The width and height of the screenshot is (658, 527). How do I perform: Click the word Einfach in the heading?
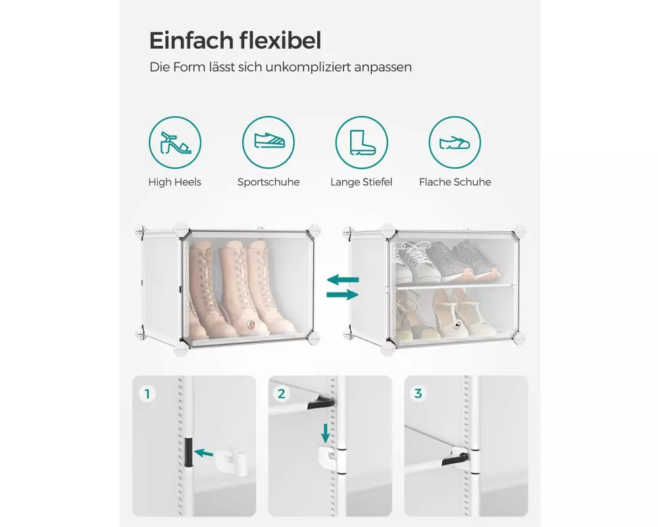191,40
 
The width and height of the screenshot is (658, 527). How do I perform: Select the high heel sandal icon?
175,142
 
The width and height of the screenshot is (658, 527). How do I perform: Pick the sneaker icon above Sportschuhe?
268,142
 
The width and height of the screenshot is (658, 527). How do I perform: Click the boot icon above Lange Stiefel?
362,142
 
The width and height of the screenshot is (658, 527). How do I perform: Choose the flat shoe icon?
455,142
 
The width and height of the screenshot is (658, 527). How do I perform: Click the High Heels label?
174,182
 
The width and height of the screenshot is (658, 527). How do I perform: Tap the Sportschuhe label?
268,182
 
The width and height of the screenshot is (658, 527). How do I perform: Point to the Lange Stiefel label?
361,182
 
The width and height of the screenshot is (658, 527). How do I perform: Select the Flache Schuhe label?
455,182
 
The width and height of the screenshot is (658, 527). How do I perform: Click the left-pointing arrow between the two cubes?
343,279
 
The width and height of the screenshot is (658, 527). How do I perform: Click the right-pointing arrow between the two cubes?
343,294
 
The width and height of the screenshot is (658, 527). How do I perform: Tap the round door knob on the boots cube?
252,324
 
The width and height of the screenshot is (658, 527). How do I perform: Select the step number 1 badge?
147,394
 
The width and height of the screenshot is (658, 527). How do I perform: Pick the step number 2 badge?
282,394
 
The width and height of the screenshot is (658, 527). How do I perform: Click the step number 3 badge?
418,393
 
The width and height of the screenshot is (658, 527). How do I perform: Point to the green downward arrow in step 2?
325,433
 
